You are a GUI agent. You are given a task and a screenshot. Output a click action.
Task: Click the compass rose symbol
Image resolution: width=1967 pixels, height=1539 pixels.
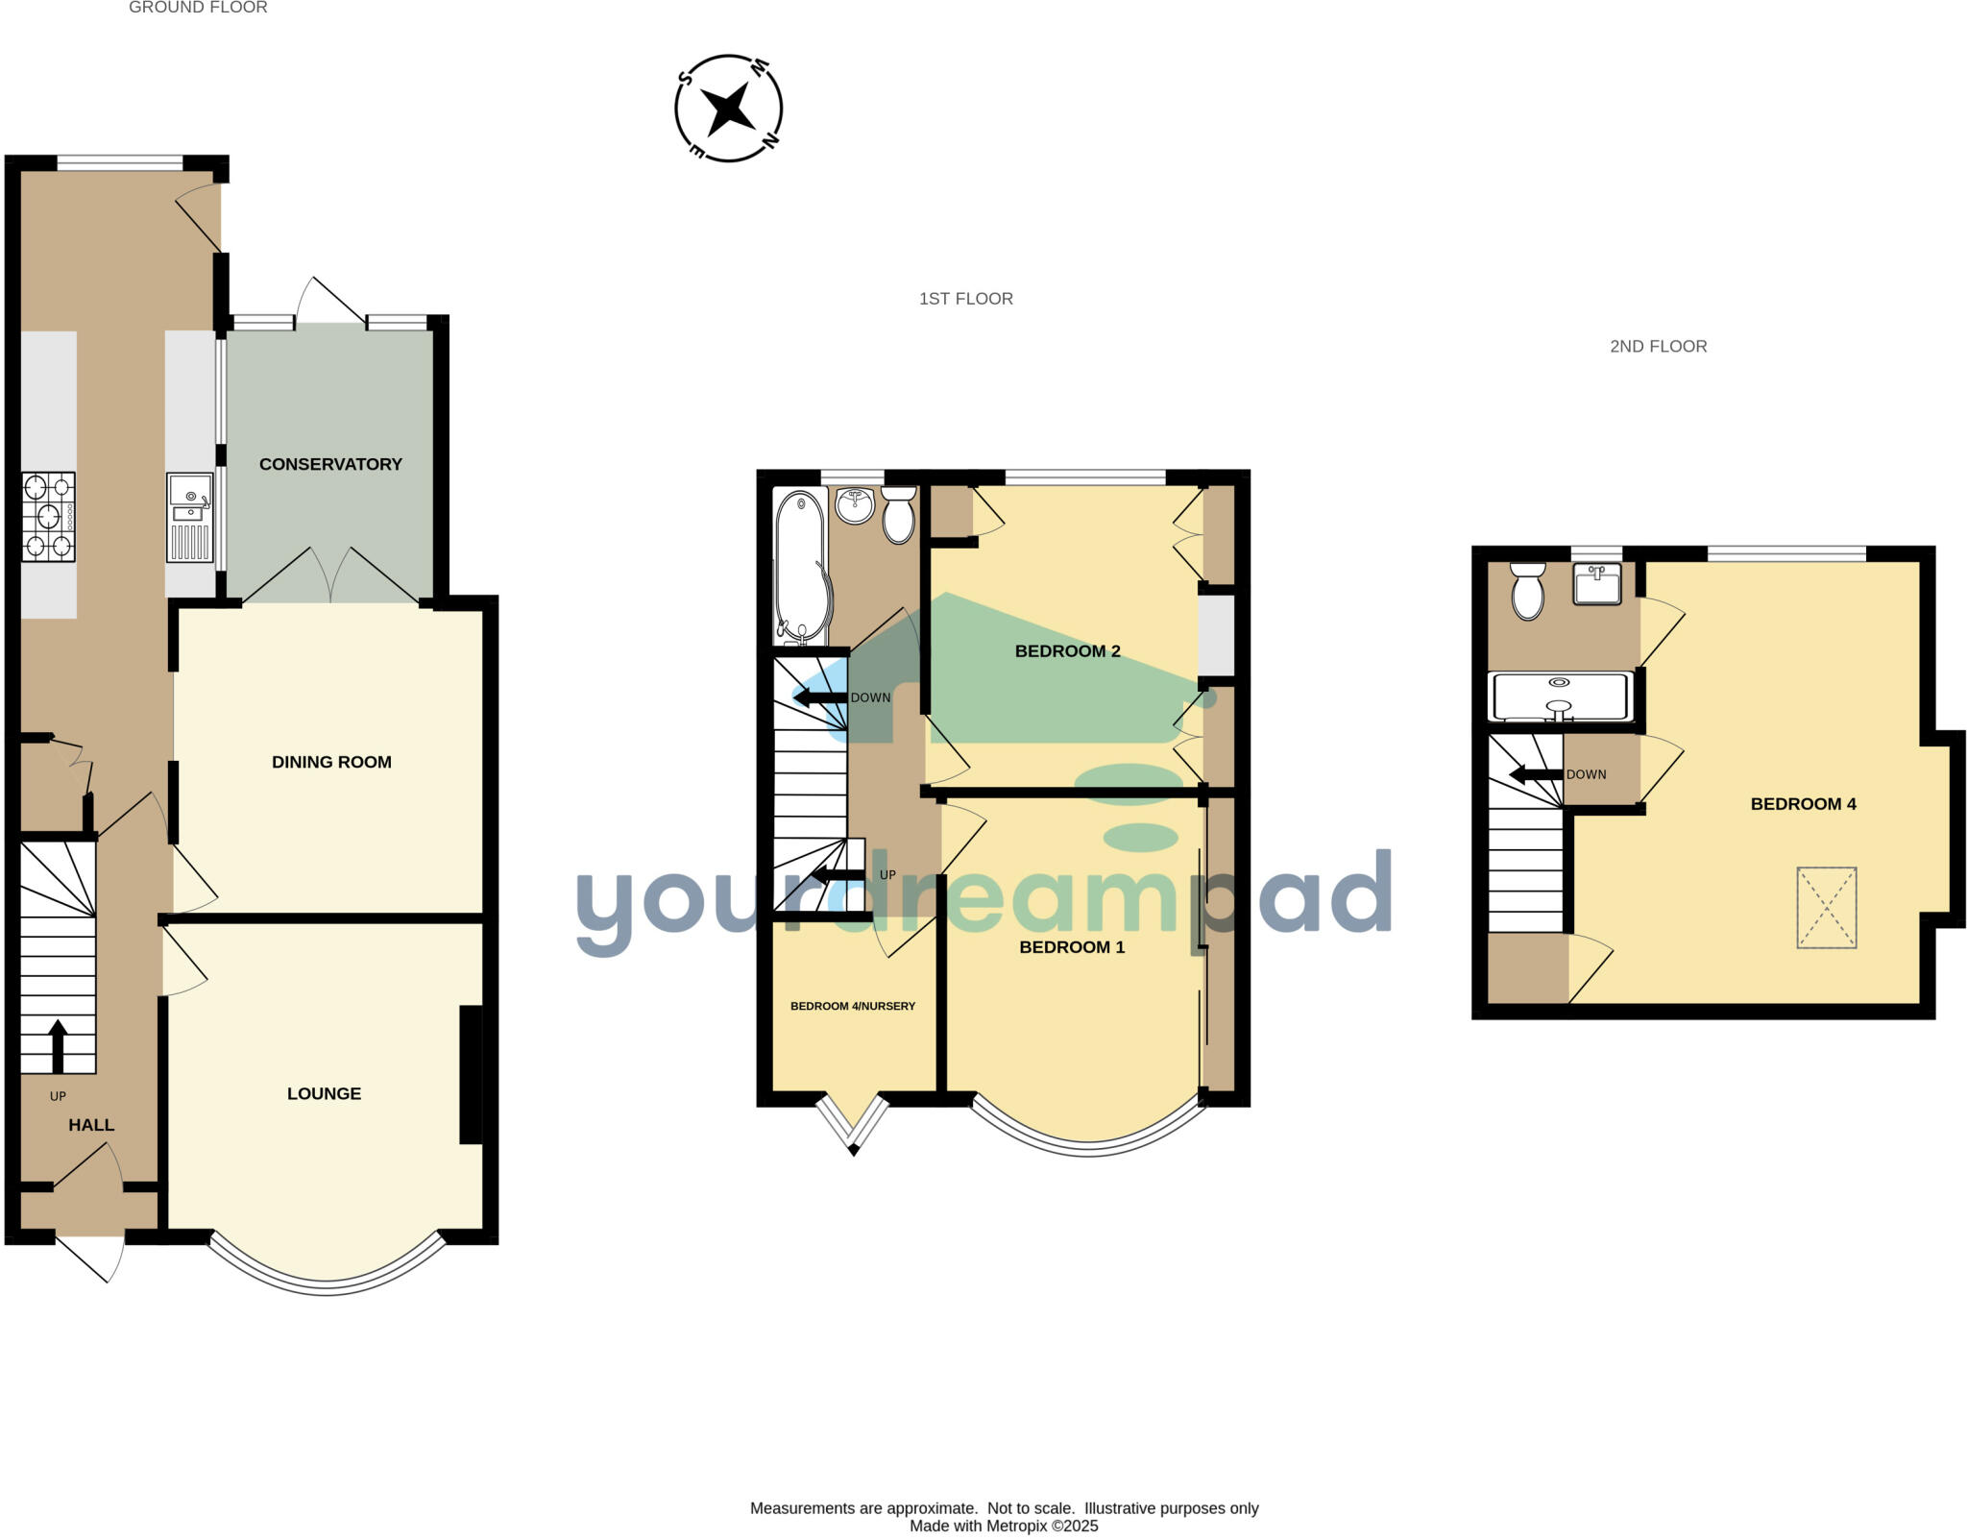729,108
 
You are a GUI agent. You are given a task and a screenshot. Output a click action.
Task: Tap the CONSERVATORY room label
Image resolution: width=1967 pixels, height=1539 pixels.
330,464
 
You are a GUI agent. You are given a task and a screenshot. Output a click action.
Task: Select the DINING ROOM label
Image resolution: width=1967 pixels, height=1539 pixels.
331,762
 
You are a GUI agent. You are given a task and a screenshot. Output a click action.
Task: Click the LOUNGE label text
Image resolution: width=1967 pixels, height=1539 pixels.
324,1093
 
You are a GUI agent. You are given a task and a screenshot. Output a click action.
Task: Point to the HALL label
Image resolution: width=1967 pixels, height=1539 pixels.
91,1125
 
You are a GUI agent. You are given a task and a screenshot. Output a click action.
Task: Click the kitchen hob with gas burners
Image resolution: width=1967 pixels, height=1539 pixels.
48,517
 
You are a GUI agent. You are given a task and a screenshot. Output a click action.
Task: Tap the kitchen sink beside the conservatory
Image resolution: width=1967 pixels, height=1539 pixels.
190,517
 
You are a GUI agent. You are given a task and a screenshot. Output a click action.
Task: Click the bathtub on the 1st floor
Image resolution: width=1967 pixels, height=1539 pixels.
800,567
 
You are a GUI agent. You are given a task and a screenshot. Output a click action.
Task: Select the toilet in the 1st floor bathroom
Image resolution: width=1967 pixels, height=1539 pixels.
899,515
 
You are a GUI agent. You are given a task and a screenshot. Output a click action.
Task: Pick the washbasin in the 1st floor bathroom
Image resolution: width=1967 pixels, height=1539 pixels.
854,505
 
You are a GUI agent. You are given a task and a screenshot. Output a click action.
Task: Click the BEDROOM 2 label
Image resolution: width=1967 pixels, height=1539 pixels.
1068,651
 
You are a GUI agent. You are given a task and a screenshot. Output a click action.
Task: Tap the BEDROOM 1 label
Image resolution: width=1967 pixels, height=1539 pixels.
1072,947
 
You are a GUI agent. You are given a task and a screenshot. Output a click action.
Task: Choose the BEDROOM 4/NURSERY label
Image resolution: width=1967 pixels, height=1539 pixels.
853,1006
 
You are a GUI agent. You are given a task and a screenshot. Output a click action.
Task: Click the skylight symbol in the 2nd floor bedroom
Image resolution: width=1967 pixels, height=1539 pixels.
1827,908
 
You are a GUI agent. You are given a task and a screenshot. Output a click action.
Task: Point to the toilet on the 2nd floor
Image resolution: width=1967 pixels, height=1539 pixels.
1527,591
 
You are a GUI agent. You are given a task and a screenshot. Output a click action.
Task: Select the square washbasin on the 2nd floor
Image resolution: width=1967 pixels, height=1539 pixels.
1597,584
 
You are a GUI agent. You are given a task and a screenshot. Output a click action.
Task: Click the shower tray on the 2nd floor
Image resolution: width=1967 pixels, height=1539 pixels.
1561,696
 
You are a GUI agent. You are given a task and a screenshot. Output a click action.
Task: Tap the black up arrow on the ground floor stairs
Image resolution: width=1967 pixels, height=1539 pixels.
58,1045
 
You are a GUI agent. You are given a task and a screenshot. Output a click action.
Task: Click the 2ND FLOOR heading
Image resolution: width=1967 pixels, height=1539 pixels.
1659,347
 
